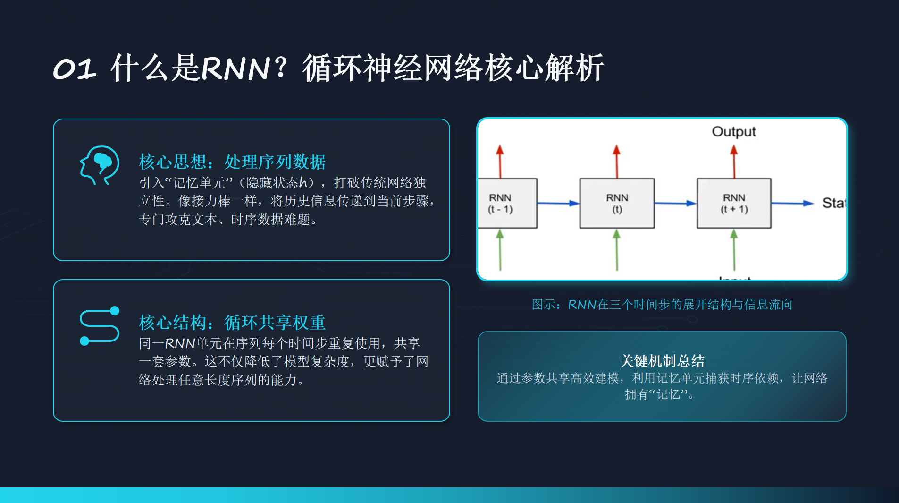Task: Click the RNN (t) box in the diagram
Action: point(617,204)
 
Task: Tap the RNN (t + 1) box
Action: point(734,204)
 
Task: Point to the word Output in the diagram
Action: point(733,131)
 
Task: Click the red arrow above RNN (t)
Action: point(616,161)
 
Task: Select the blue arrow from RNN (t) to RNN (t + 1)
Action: point(675,203)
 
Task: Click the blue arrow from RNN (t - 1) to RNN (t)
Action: point(558,203)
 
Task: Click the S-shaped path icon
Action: point(100,326)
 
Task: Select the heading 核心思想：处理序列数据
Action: point(232,162)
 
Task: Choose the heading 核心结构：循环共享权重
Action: point(232,323)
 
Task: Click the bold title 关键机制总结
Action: point(662,361)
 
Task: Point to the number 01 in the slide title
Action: point(75,69)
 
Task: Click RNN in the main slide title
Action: point(235,69)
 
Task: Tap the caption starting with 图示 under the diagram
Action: point(662,305)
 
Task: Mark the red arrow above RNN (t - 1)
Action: point(500,161)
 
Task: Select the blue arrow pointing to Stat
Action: point(792,203)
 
